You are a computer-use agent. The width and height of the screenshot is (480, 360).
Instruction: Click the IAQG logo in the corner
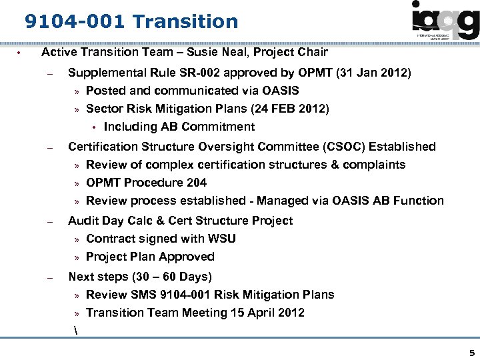coord(445,22)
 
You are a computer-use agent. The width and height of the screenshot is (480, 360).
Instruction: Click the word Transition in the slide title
coord(185,22)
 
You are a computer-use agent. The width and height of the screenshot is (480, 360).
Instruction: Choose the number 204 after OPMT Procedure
coord(197,182)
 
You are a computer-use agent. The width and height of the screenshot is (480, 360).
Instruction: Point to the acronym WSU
coord(222,238)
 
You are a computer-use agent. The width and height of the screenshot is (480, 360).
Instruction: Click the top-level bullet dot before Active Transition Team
coord(20,53)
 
